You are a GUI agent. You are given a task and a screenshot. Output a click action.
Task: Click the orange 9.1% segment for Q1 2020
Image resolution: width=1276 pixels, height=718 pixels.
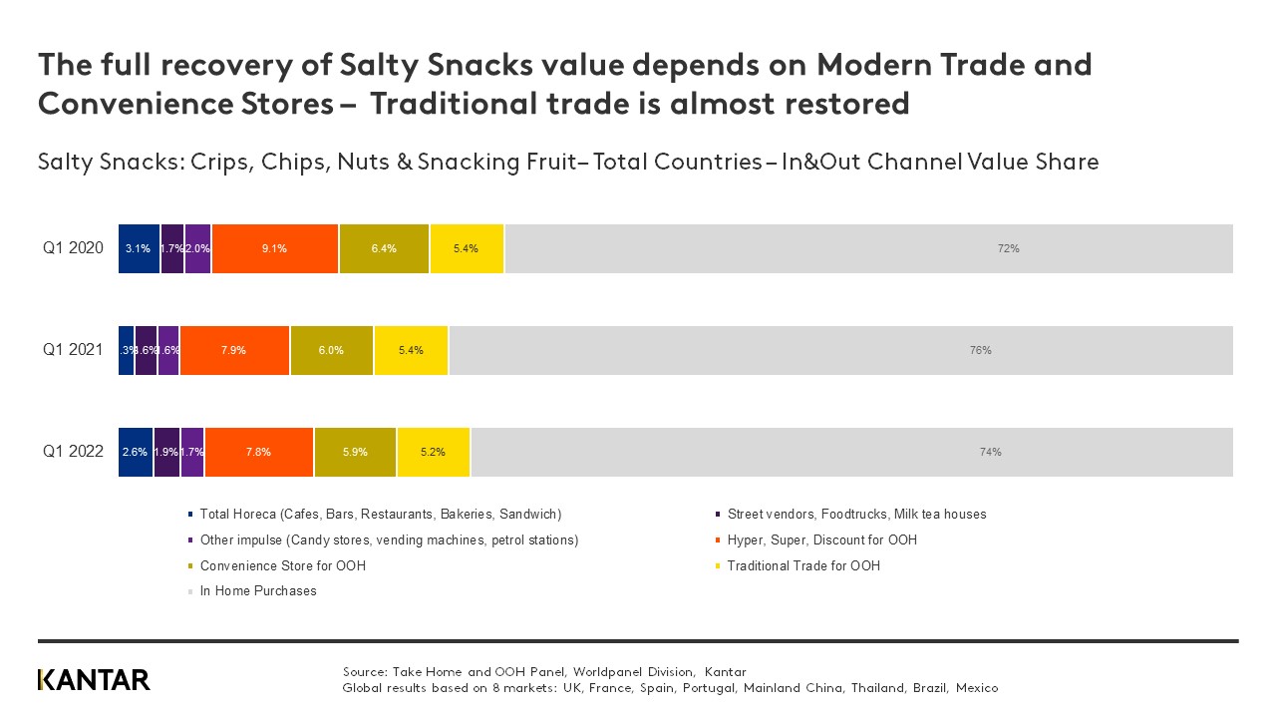click(275, 248)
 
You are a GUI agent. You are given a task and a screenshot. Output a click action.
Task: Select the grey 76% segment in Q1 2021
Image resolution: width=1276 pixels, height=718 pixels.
click(840, 350)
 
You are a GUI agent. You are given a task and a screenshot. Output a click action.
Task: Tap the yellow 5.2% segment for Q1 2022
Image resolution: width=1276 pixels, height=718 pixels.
click(434, 452)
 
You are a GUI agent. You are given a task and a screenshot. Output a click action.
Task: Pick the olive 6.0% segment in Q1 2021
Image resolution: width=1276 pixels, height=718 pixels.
click(332, 350)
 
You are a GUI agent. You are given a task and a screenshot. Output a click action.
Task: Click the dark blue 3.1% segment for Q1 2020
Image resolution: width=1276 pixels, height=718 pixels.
click(139, 248)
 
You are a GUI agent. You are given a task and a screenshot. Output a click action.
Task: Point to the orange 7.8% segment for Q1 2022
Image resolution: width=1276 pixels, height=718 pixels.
click(259, 452)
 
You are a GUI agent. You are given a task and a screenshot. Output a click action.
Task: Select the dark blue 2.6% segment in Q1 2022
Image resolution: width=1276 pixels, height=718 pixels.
click(136, 452)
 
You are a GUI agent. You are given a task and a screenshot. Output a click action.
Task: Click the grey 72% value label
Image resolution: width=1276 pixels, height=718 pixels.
click(1008, 248)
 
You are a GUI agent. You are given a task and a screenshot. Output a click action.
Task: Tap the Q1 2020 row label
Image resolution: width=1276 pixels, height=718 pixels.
click(73, 248)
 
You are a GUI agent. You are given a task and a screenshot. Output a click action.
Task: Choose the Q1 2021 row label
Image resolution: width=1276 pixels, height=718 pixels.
click(73, 350)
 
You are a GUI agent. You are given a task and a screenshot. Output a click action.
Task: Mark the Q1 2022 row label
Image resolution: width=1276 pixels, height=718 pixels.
click(73, 452)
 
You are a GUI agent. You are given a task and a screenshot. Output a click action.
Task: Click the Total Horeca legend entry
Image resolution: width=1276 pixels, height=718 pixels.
click(380, 515)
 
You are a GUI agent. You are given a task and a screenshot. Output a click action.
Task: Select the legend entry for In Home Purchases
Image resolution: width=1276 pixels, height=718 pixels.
click(257, 591)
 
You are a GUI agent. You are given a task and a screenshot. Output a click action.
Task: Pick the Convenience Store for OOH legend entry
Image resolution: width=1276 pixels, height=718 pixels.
click(282, 566)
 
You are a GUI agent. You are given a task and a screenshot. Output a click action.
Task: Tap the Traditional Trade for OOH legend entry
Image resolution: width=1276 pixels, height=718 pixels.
click(802, 566)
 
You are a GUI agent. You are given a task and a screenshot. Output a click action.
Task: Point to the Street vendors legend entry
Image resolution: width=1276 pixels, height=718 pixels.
click(856, 515)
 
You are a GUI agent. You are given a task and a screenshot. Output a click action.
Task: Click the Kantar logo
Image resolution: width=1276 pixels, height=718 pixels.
click(94, 680)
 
